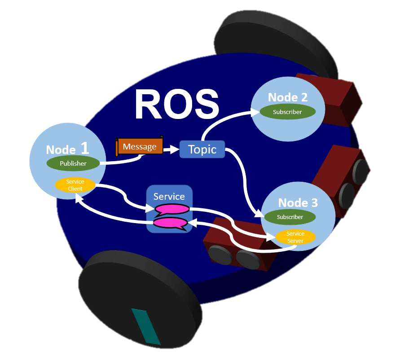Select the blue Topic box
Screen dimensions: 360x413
[x=202, y=149]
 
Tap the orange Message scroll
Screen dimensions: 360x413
[x=140, y=147]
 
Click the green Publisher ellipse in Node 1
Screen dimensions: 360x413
[x=73, y=163]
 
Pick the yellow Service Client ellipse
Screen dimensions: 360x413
[x=75, y=185]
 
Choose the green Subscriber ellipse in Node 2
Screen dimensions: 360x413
[x=287, y=112]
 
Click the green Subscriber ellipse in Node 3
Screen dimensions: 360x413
[x=290, y=217]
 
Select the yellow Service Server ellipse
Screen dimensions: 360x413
[x=295, y=237]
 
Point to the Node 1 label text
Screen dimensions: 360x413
[x=67, y=149]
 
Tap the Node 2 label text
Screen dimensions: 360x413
[x=288, y=97]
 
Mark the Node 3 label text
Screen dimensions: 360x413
[x=298, y=202]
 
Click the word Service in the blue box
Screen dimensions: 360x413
[x=169, y=196]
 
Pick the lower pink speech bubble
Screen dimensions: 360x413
[x=170, y=223]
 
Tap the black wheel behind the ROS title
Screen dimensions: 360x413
[x=278, y=36]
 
